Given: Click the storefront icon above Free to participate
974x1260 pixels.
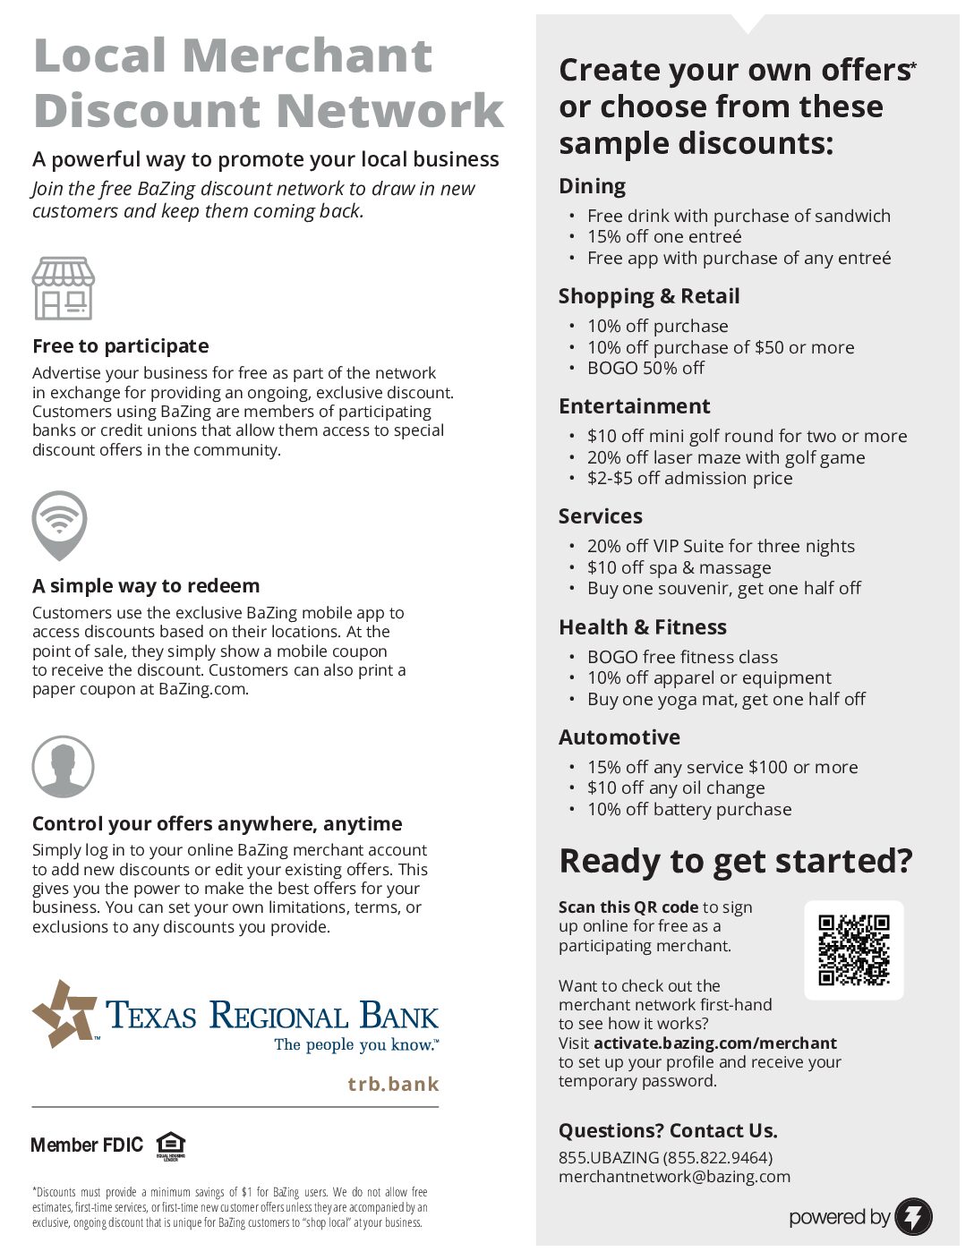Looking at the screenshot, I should click(63, 288).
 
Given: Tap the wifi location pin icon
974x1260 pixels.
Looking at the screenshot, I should click(59, 524).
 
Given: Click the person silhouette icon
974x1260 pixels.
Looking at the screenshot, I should click(63, 767).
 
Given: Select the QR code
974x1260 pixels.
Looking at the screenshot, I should click(853, 949).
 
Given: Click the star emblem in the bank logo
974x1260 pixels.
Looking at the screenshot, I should click(64, 1013).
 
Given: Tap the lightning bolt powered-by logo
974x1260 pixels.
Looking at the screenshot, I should click(913, 1216).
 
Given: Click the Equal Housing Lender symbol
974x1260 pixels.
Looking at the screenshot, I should click(170, 1145).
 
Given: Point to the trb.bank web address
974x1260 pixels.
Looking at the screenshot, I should click(393, 1084).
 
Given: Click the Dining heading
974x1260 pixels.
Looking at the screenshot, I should click(592, 186).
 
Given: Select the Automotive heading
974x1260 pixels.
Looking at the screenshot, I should click(619, 737).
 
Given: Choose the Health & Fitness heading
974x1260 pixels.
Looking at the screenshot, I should click(642, 627).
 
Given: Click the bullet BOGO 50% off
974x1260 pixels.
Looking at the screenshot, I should click(645, 368).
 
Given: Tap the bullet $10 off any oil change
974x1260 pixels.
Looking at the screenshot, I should click(675, 788).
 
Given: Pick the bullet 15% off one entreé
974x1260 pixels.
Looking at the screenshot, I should click(663, 237).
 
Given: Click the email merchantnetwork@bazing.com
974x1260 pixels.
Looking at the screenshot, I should click(674, 1177).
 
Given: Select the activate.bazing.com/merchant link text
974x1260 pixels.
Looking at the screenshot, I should click(714, 1043).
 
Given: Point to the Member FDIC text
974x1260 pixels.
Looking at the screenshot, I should click(87, 1145).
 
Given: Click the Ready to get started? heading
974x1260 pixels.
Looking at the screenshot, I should click(735, 861).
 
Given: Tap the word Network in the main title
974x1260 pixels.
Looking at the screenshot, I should click(389, 111).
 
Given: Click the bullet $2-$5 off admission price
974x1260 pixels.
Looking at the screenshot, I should click(689, 479).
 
